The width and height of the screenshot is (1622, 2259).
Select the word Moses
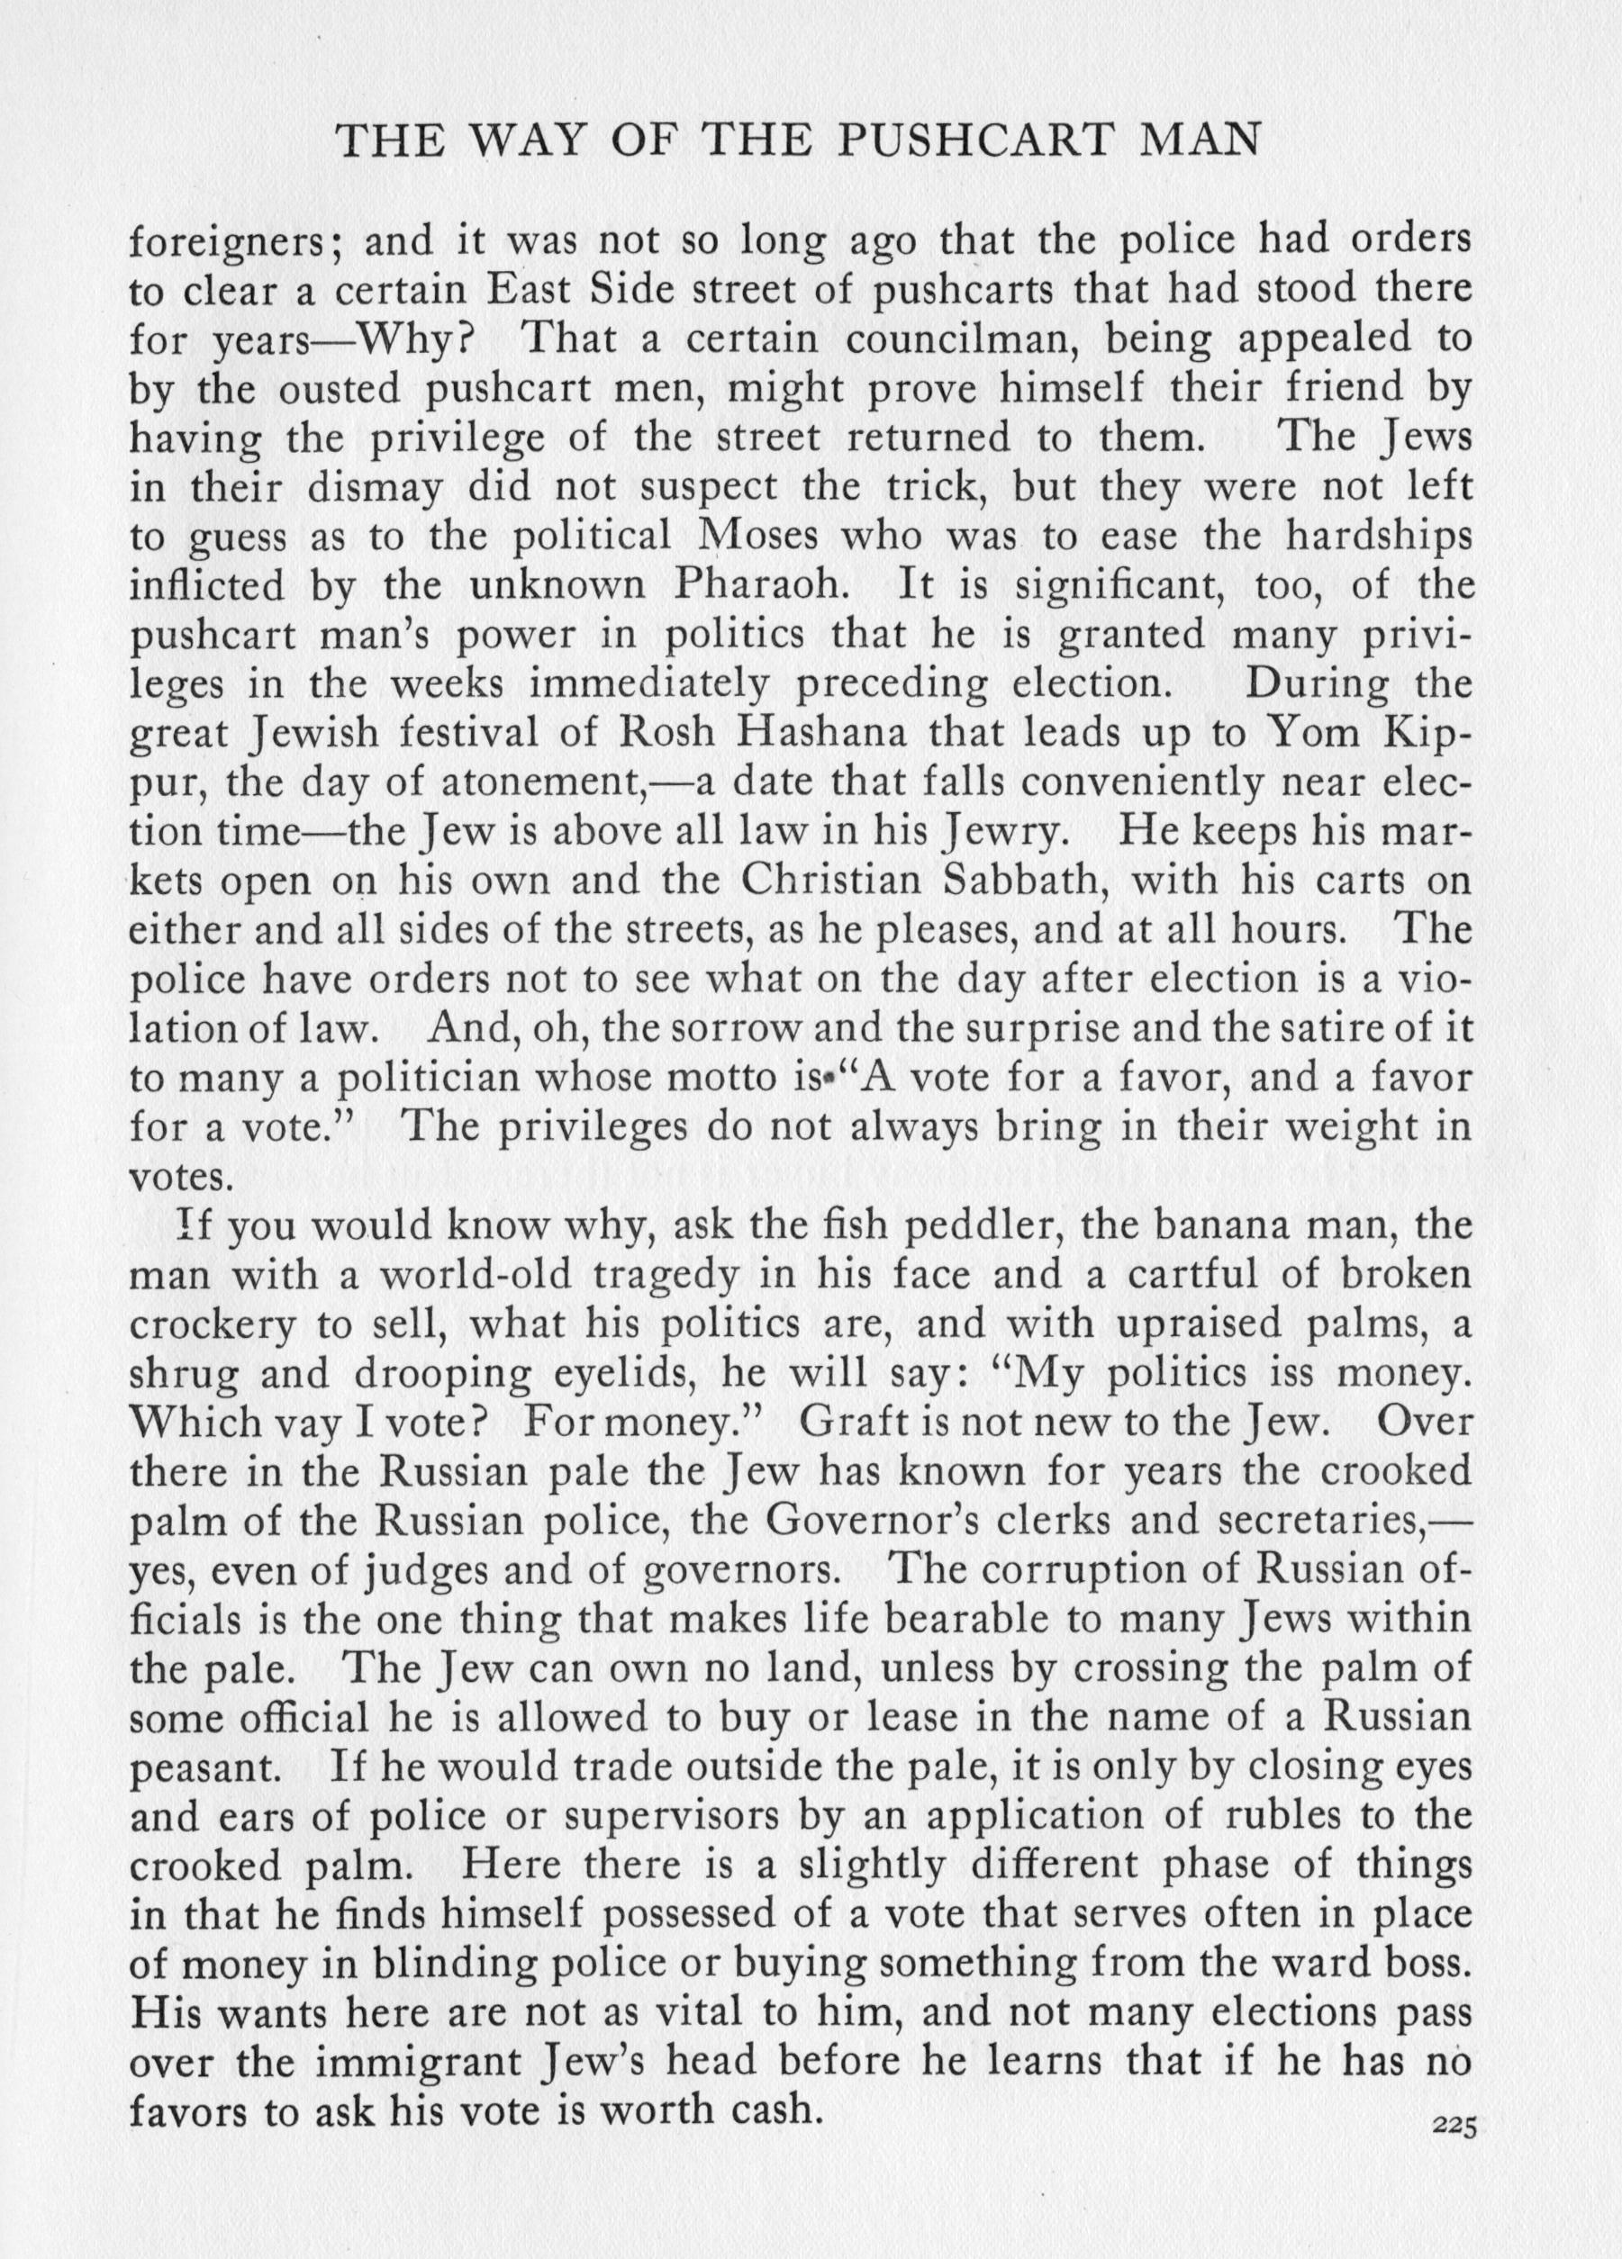(x=760, y=536)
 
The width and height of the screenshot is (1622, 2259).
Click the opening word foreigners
(x=236, y=242)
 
